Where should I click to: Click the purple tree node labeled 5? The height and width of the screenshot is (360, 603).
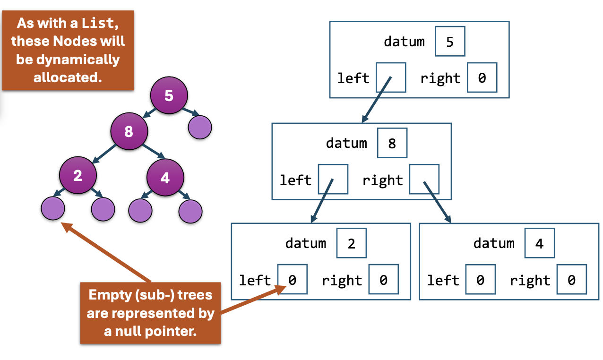(169, 96)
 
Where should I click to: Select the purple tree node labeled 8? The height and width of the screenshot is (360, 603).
(129, 132)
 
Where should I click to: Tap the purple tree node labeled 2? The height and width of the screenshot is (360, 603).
(78, 176)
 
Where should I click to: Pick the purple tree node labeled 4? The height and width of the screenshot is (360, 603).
(165, 178)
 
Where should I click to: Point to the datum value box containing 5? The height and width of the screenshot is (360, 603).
(450, 42)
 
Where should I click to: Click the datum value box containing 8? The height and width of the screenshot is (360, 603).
(392, 143)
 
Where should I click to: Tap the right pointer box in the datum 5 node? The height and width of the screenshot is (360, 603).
(482, 77)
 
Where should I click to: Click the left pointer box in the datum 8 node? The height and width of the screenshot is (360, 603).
(333, 179)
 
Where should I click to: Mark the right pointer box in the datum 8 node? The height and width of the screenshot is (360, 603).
(424, 179)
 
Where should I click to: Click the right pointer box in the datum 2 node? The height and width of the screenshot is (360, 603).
(383, 280)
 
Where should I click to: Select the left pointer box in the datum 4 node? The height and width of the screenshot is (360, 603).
(480, 280)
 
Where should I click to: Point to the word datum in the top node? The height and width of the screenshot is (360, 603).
(404, 42)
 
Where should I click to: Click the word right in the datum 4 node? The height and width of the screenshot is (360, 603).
(530, 281)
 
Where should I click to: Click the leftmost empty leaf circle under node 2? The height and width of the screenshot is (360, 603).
(52, 208)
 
